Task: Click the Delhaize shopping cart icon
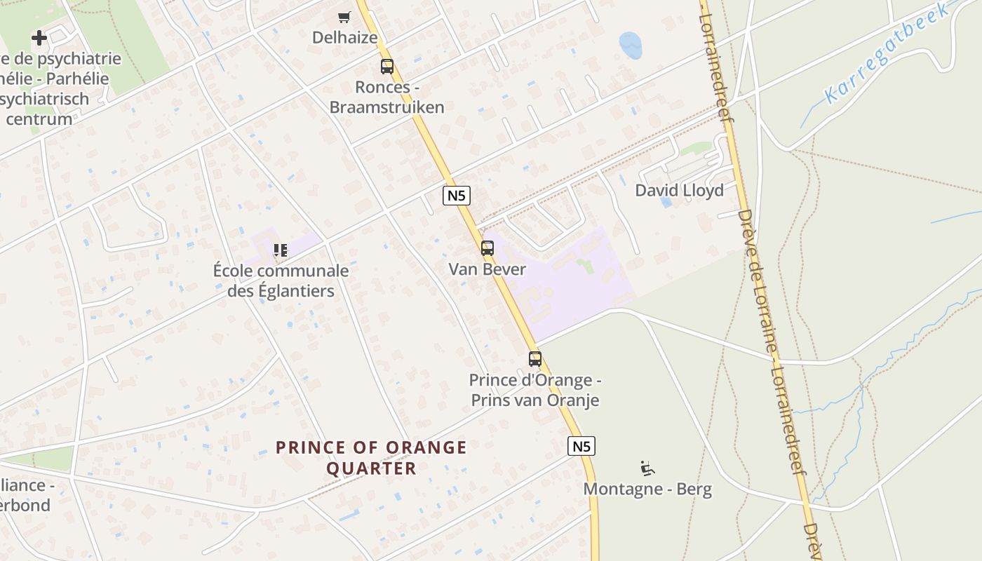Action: click(x=344, y=17)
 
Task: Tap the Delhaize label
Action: click(x=345, y=37)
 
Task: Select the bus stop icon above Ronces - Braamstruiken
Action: click(x=386, y=67)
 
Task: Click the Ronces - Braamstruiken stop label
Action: click(x=387, y=97)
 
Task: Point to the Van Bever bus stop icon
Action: click(x=487, y=248)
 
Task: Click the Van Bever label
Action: click(x=487, y=269)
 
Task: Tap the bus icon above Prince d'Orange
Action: click(x=535, y=359)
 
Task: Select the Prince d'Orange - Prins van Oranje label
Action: click(x=535, y=391)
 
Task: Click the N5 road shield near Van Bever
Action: click(x=457, y=196)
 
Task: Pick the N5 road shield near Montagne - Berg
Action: click(x=581, y=446)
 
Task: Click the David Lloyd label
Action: click(x=679, y=190)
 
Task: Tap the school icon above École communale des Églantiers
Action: click(x=281, y=250)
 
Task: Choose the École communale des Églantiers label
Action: click(x=281, y=280)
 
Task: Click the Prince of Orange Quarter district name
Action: click(x=371, y=457)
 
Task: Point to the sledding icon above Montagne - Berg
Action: click(x=647, y=468)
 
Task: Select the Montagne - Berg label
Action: click(x=647, y=489)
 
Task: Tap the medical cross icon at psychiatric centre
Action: click(x=39, y=38)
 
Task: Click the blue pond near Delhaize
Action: click(x=631, y=46)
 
